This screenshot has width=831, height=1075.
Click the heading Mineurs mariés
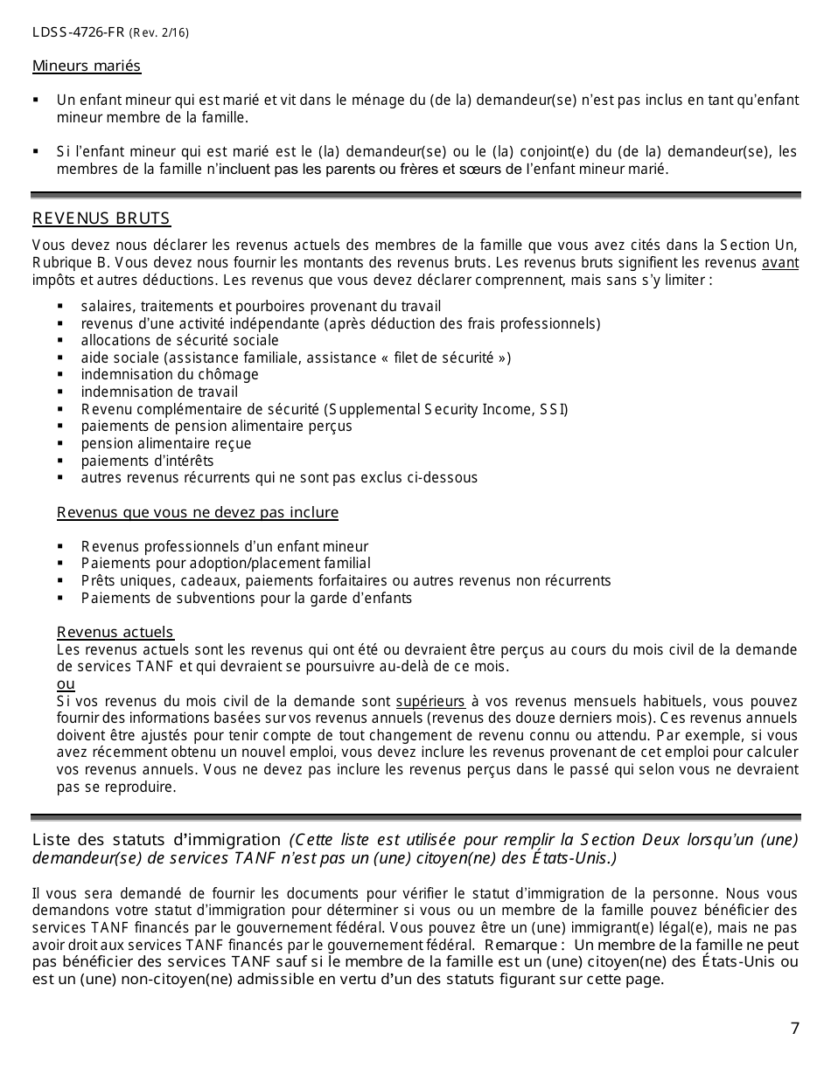(x=87, y=66)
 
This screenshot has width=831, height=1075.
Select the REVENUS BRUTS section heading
(x=101, y=218)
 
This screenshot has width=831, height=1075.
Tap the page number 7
(x=794, y=1029)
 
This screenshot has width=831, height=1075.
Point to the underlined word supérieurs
(x=430, y=701)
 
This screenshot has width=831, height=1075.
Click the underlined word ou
(x=66, y=683)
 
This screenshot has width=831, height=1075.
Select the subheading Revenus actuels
(x=115, y=632)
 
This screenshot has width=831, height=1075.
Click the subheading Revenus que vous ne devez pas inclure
(x=198, y=512)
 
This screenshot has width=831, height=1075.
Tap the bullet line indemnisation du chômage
(x=170, y=375)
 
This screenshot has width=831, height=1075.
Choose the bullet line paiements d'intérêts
(x=147, y=461)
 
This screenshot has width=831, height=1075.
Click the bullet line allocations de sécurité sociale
(x=179, y=341)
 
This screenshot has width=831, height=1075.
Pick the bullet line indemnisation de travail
(x=159, y=392)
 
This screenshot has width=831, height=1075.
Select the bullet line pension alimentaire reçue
(x=166, y=443)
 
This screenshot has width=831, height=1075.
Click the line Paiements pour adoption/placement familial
(x=226, y=564)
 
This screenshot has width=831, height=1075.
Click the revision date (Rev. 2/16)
(x=159, y=34)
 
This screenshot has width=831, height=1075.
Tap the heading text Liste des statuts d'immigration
(x=158, y=841)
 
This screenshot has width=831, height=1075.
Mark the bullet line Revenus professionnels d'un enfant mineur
(x=225, y=546)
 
